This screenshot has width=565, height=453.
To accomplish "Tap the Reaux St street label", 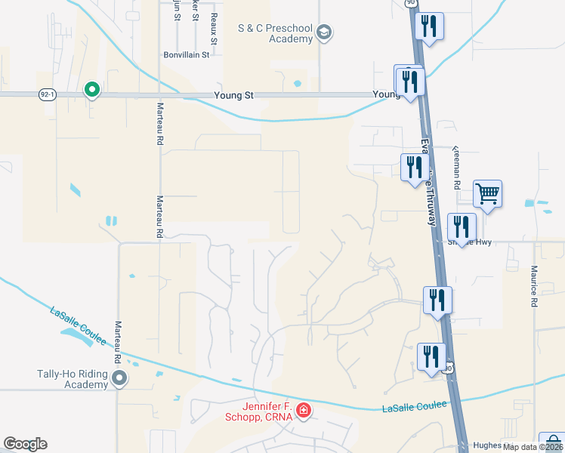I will [215, 14].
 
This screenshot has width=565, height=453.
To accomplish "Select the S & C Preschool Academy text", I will [275, 33].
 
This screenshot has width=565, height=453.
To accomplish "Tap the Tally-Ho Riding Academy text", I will [73, 379].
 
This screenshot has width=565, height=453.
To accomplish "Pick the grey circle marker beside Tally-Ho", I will [119, 377].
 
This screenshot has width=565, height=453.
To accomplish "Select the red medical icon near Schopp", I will [303, 411].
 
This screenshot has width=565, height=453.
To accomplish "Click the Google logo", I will [25, 444].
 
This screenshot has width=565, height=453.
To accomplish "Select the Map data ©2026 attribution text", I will [533, 447].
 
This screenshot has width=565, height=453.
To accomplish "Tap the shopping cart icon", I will [487, 194].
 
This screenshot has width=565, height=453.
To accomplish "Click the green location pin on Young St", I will [92, 90].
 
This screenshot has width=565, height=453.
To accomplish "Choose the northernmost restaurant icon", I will [429, 26].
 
